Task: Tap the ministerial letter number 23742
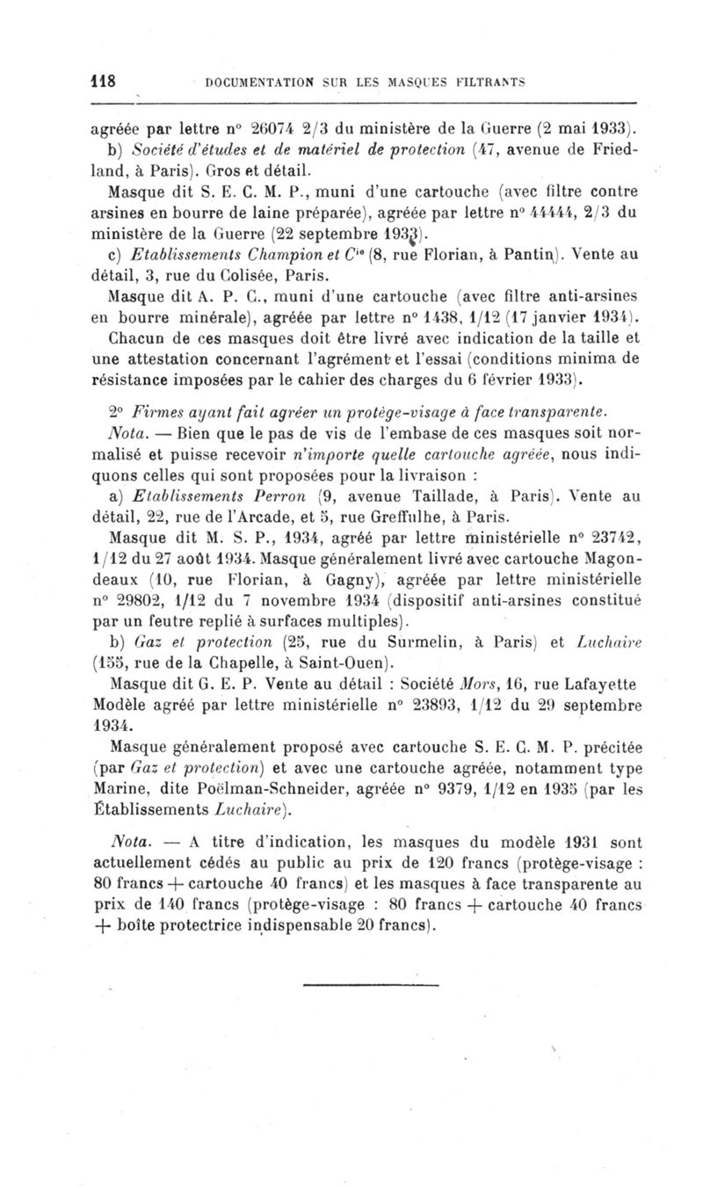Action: point(591,538)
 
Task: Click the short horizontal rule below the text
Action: point(351,984)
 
